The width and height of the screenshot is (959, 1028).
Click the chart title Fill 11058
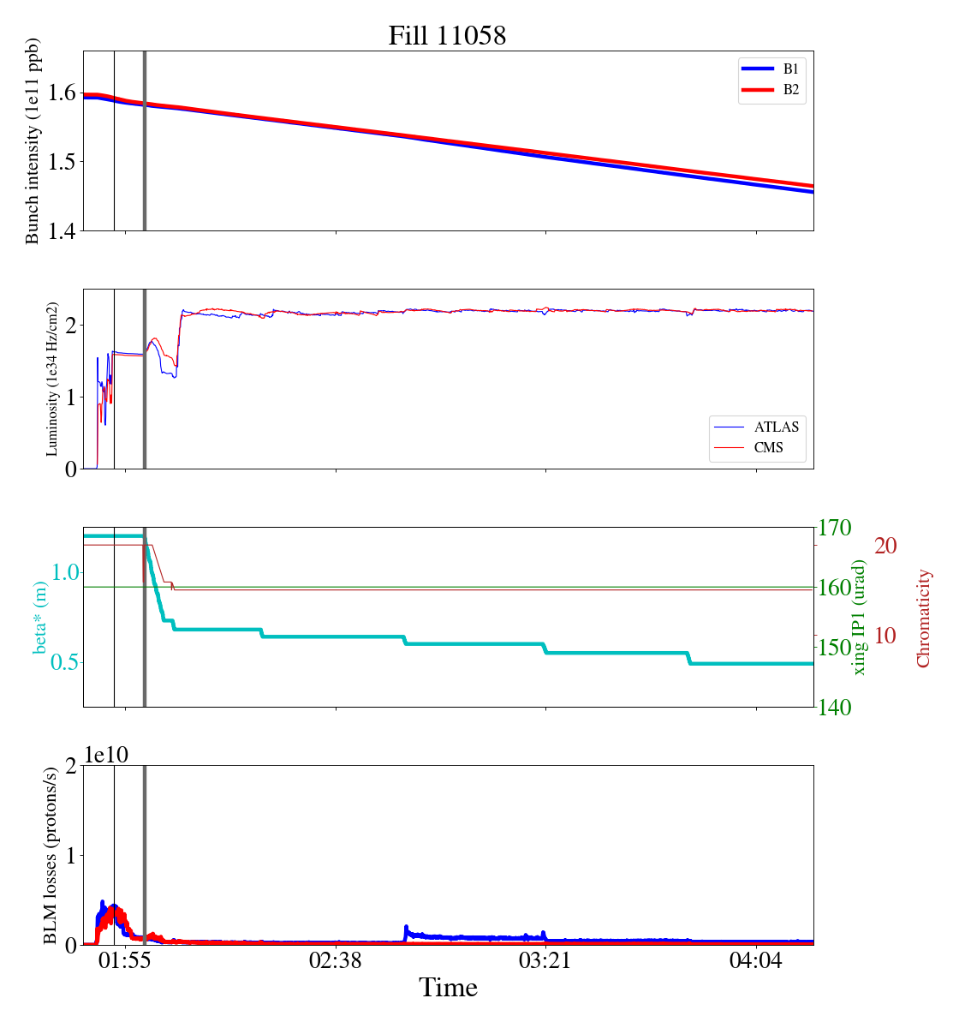[x=447, y=36]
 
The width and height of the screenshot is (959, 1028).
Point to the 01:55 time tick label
[x=125, y=960]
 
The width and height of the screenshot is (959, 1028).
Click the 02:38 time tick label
[x=336, y=960]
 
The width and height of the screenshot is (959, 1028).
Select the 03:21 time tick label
[x=546, y=960]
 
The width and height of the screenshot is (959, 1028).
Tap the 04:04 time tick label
[x=757, y=960]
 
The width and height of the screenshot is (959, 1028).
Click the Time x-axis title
[x=448, y=988]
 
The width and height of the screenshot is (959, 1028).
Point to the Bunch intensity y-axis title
[x=33, y=141]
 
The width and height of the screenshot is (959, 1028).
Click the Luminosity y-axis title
[x=52, y=379]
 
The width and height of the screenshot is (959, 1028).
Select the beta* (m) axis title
[x=41, y=617]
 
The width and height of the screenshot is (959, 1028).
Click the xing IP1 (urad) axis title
[x=860, y=617]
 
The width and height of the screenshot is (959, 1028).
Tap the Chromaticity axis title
[x=923, y=617]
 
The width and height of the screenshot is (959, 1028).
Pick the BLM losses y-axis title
[x=51, y=855]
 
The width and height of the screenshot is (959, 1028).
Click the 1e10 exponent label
[x=106, y=755]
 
